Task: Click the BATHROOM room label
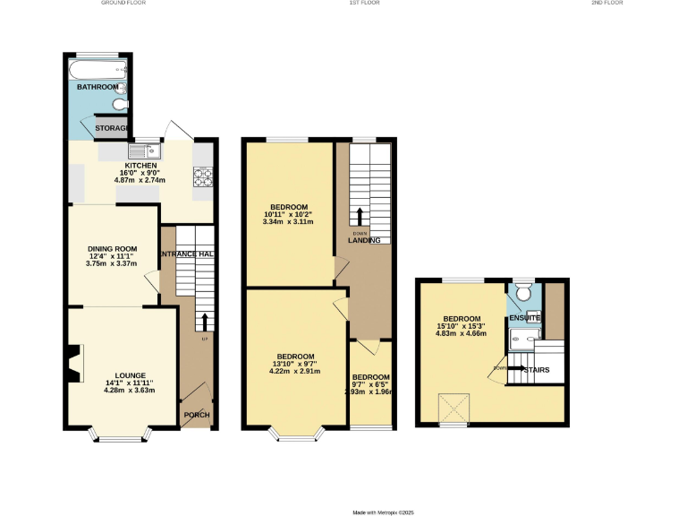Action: pyautogui.click(x=97, y=87)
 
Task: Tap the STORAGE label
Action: pyautogui.click(x=114, y=129)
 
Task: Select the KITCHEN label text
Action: pyautogui.click(x=140, y=166)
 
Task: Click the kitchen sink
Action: pyautogui.click(x=143, y=150)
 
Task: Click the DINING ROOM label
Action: pyautogui.click(x=112, y=248)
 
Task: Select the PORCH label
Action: pyautogui.click(x=196, y=415)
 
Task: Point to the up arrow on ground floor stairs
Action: pyautogui.click(x=205, y=322)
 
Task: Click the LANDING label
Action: pyautogui.click(x=364, y=240)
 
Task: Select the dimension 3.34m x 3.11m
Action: pyautogui.click(x=289, y=222)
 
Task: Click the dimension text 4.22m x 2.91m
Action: pyautogui.click(x=294, y=371)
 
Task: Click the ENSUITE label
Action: pyautogui.click(x=525, y=318)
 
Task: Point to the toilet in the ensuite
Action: pyautogui.click(x=525, y=291)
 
